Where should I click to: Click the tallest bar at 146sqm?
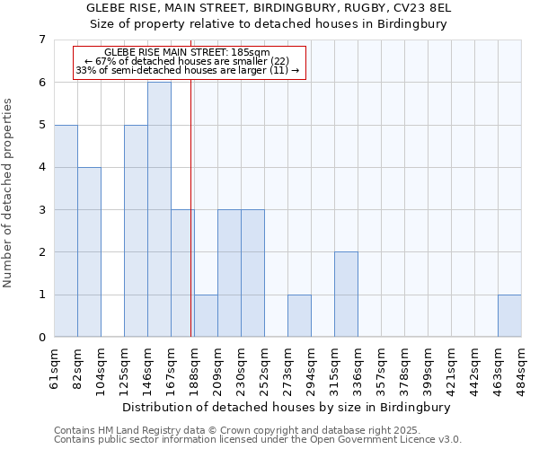point(159,209)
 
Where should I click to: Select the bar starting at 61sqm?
point(66,231)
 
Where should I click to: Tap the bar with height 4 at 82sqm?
point(89,252)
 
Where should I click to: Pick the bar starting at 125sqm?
point(136,231)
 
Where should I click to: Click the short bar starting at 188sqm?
point(206,316)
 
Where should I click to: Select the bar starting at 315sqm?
point(346,295)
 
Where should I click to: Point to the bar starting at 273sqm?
point(299,316)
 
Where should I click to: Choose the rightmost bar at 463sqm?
point(509,316)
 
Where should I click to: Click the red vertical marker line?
point(191,207)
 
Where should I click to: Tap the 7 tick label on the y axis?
point(41,40)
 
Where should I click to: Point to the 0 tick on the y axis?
point(41,338)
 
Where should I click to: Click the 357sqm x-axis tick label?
point(382,367)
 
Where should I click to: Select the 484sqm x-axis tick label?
point(522,367)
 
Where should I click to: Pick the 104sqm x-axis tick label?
point(102,367)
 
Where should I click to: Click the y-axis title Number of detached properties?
point(8,192)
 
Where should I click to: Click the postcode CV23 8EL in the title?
point(422,8)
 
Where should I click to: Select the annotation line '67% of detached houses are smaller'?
point(187,61)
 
